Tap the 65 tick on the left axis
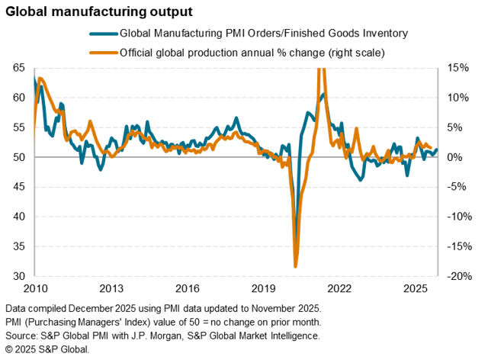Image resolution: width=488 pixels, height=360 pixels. click(18, 68)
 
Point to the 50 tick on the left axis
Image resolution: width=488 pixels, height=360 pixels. click(18, 157)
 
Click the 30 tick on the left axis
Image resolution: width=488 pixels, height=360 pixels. click(18, 276)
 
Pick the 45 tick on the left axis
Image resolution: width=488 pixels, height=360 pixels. click(18, 187)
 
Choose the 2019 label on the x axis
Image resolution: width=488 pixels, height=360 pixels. click(263, 289)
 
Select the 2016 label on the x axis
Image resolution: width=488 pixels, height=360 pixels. click(187, 289)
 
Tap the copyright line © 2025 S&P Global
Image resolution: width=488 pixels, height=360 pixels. click(47, 349)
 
